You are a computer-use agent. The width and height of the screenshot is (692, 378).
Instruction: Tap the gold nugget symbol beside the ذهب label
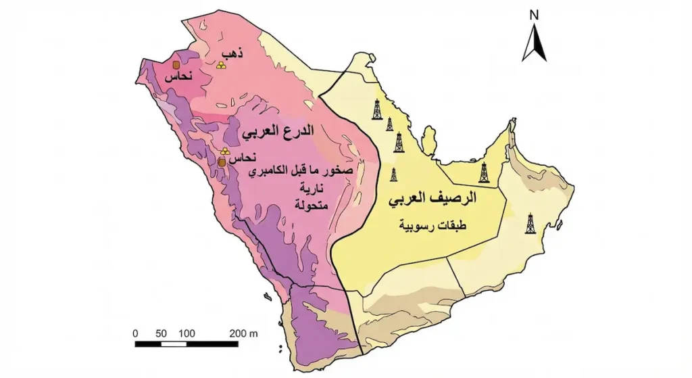221,65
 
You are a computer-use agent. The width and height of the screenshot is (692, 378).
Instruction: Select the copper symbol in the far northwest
176,65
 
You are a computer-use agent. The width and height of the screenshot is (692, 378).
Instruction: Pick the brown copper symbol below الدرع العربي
222,162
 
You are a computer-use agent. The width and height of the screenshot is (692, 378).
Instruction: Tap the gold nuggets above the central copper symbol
224,152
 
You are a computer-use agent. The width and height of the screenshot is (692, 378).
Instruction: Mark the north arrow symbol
535,43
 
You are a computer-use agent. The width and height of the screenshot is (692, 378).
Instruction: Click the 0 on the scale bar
136,333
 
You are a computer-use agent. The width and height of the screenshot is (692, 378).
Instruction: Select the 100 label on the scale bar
187,333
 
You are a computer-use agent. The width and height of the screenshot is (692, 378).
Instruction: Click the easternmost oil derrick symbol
530,223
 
